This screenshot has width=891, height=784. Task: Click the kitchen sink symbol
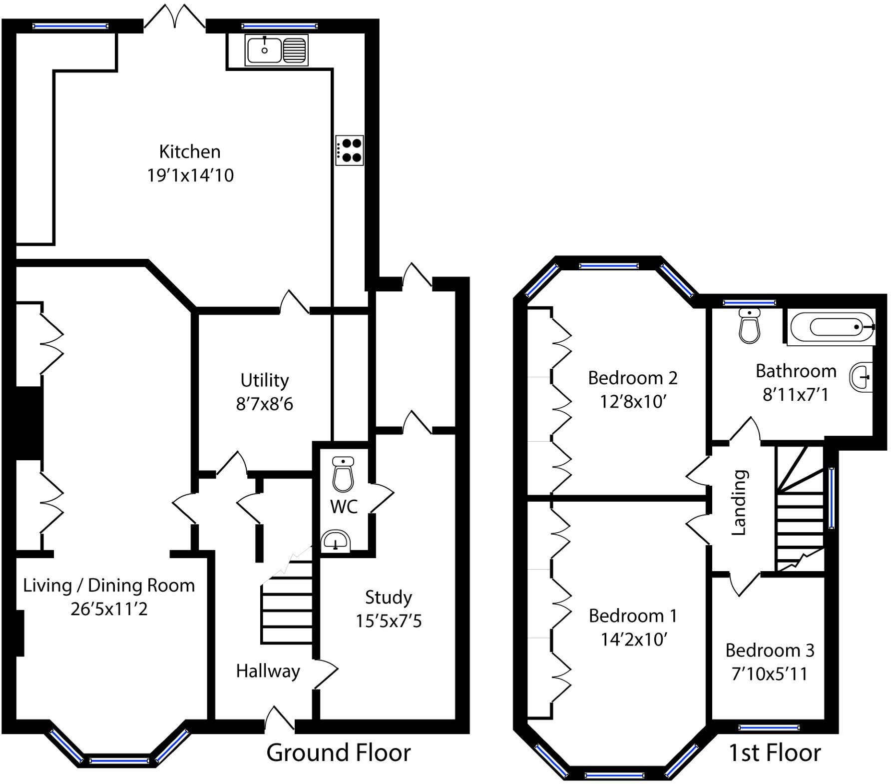pos(276,50)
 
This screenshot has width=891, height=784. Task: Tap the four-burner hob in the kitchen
pos(349,150)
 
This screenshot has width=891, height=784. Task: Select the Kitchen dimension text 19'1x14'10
pos(190,175)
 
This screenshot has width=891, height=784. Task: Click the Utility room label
pos(264,380)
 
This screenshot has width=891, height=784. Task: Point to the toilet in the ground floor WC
pos(343,474)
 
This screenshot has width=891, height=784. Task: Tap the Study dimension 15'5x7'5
pos(389,621)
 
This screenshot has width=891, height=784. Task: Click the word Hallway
pos(268,671)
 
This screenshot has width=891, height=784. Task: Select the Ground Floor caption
pos(338,753)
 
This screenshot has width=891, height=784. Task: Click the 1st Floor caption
pos(774,753)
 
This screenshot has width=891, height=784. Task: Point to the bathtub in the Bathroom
pos(832,327)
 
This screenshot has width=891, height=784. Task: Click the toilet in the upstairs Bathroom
pos(749,326)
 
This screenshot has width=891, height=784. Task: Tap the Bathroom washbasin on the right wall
pos(861,376)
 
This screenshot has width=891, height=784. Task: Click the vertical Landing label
pos(739,502)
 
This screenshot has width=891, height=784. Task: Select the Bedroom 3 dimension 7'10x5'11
pos(769,674)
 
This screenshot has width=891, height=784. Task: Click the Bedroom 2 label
pos(632,378)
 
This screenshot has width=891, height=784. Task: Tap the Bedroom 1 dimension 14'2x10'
pos(633,640)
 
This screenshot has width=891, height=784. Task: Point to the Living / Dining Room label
pos(109,585)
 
